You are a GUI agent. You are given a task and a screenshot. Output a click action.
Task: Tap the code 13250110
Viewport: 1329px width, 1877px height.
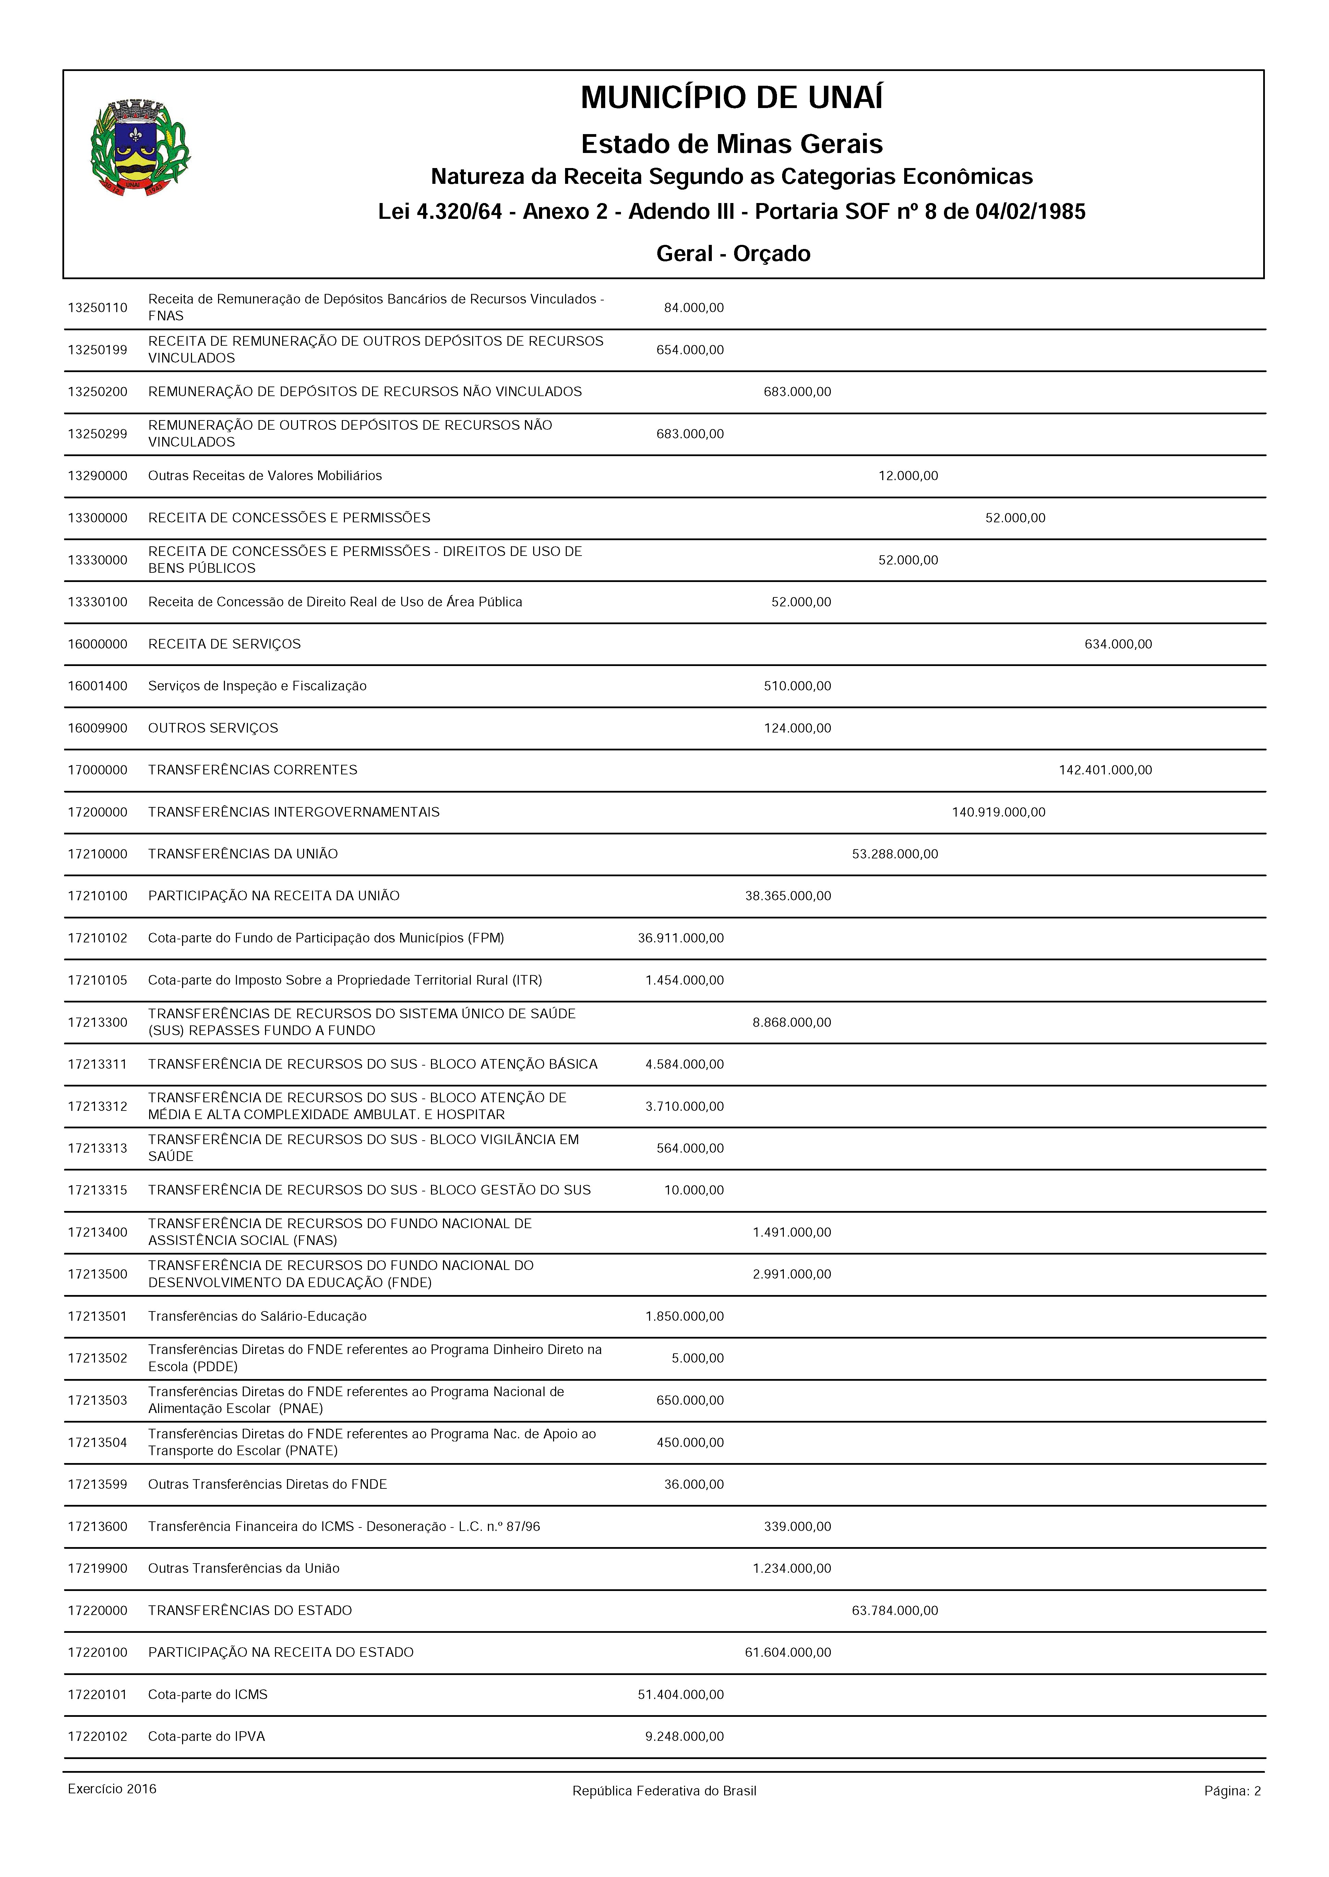pyautogui.click(x=97, y=308)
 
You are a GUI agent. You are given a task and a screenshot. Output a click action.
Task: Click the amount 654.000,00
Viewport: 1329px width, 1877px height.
pyautogui.click(x=690, y=351)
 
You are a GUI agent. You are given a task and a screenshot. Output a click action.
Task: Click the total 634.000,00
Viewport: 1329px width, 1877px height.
pyautogui.click(x=1118, y=644)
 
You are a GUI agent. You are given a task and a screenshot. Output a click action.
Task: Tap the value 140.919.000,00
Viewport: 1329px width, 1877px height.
pyautogui.click(x=998, y=812)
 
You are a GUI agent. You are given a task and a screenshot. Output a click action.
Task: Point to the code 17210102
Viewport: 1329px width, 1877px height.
pyautogui.click(x=97, y=938)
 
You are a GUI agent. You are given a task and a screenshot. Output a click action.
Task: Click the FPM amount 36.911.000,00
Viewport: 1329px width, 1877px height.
pyautogui.click(x=681, y=938)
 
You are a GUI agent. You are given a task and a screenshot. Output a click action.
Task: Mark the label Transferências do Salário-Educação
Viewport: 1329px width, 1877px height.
pyautogui.click(x=257, y=1316)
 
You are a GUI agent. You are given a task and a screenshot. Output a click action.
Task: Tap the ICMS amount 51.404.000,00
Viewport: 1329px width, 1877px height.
pyautogui.click(x=681, y=1695)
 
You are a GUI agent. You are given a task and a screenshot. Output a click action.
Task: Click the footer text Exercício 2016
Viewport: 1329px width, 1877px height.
pyautogui.click(x=112, y=1790)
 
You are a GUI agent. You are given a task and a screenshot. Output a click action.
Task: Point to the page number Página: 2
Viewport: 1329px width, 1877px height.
pyautogui.click(x=1232, y=1791)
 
